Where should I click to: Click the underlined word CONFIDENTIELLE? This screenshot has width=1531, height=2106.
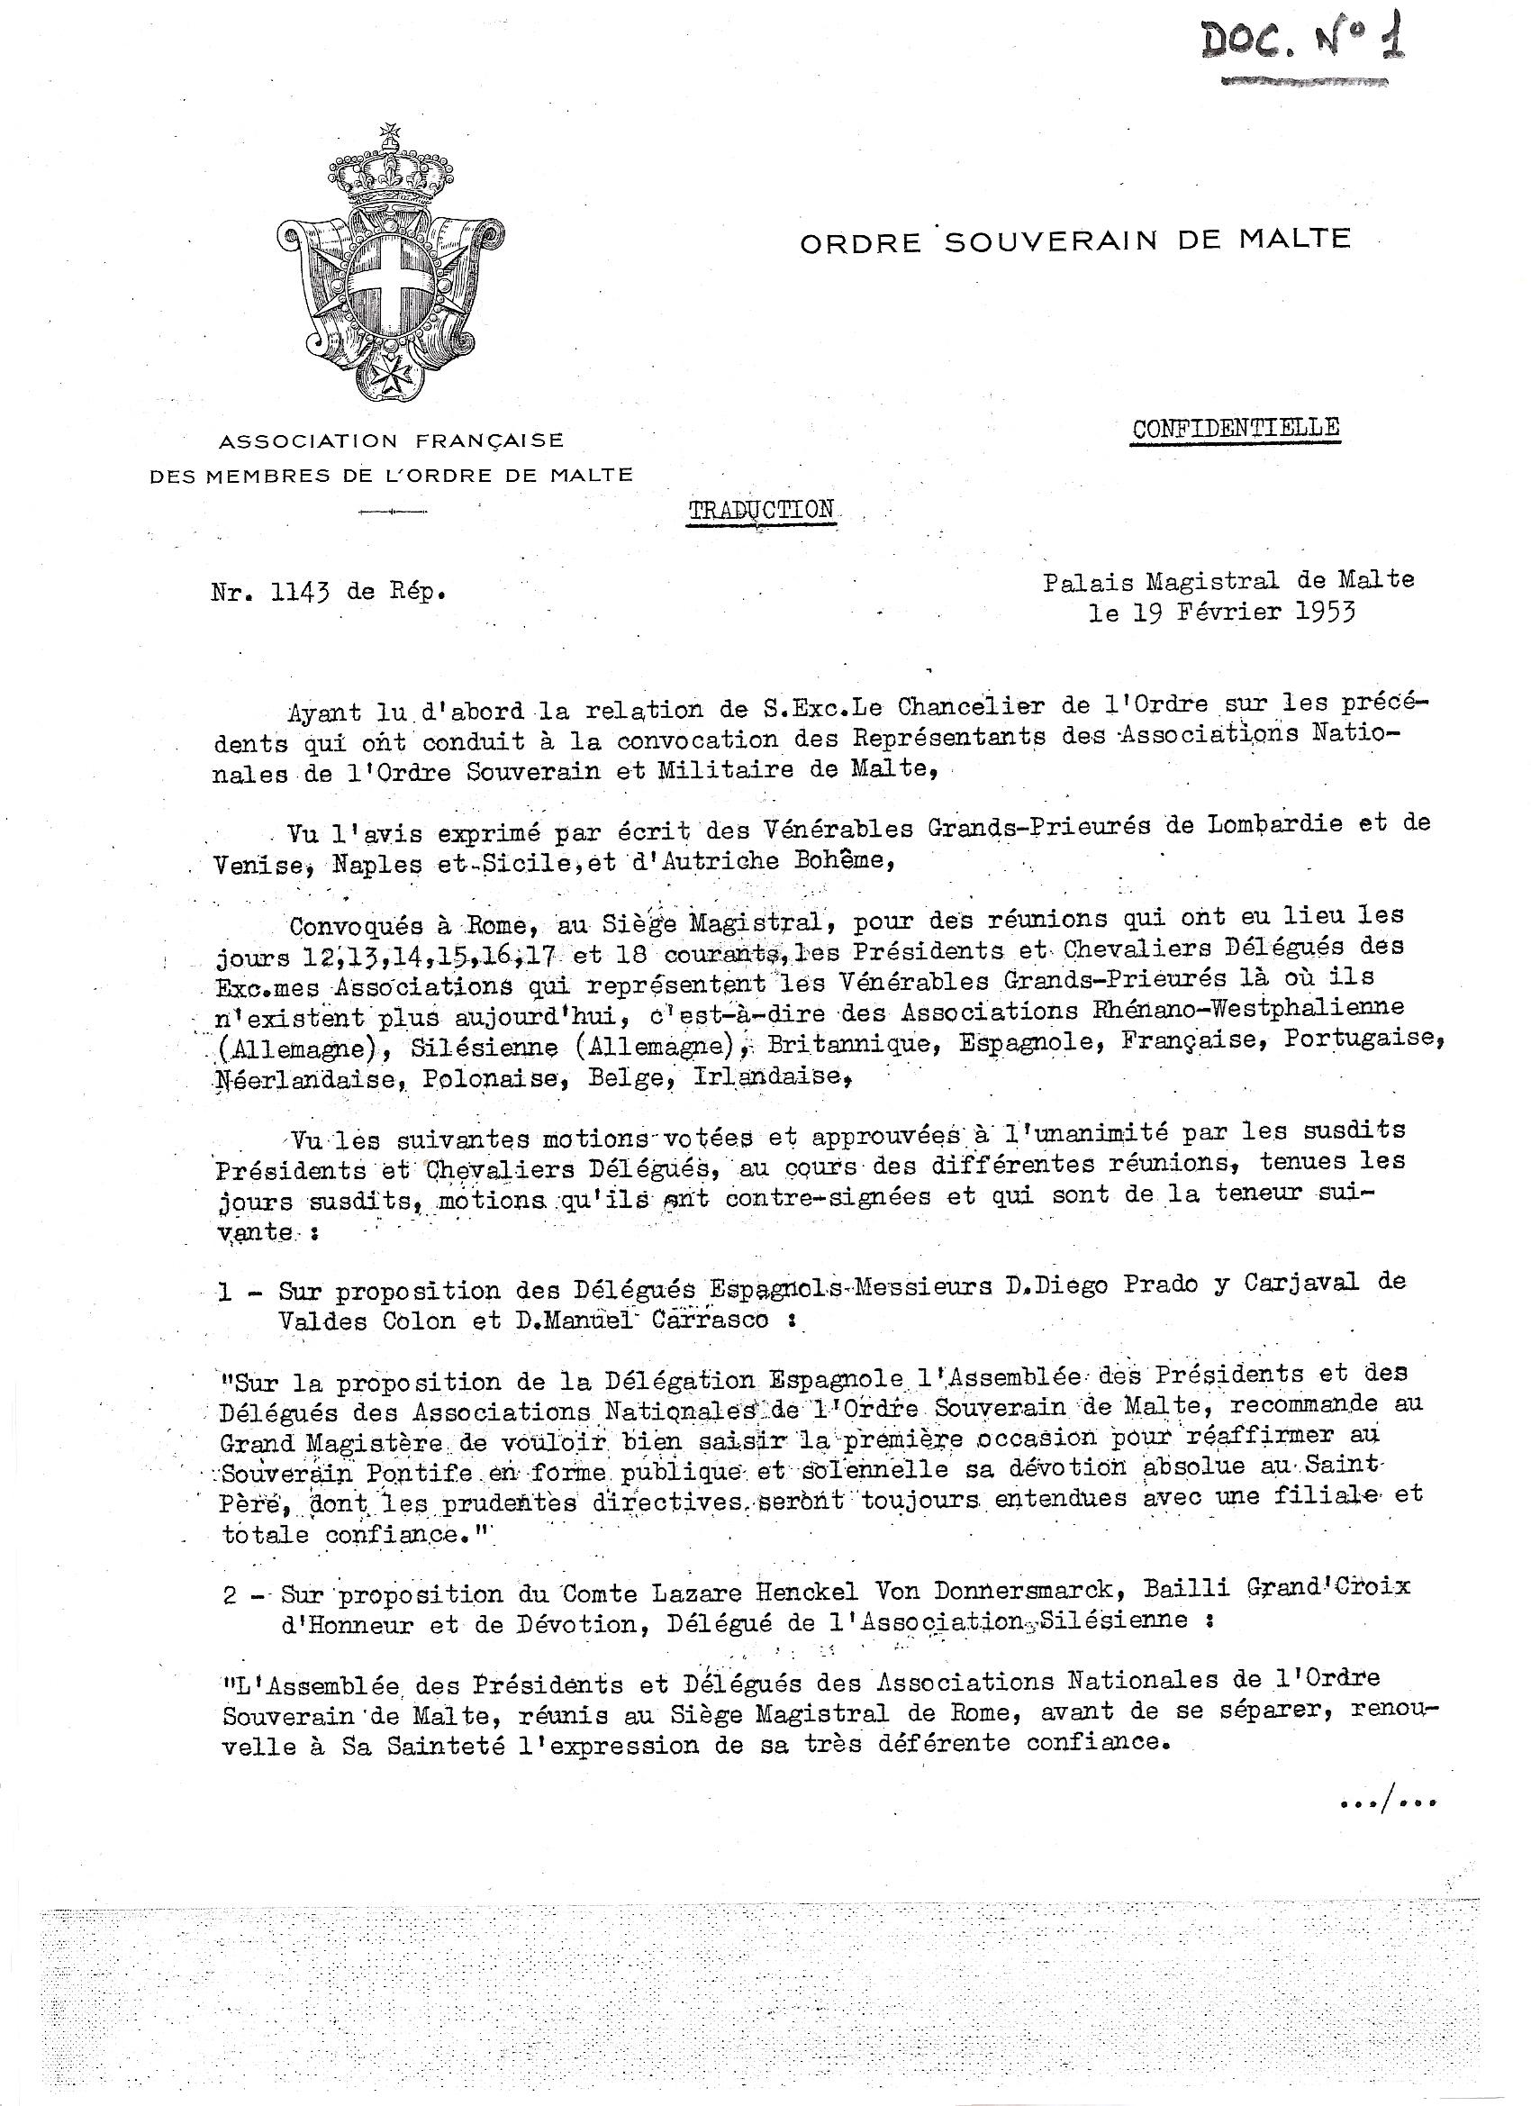[1236, 428]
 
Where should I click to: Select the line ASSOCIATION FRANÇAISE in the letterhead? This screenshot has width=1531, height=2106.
[391, 440]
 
